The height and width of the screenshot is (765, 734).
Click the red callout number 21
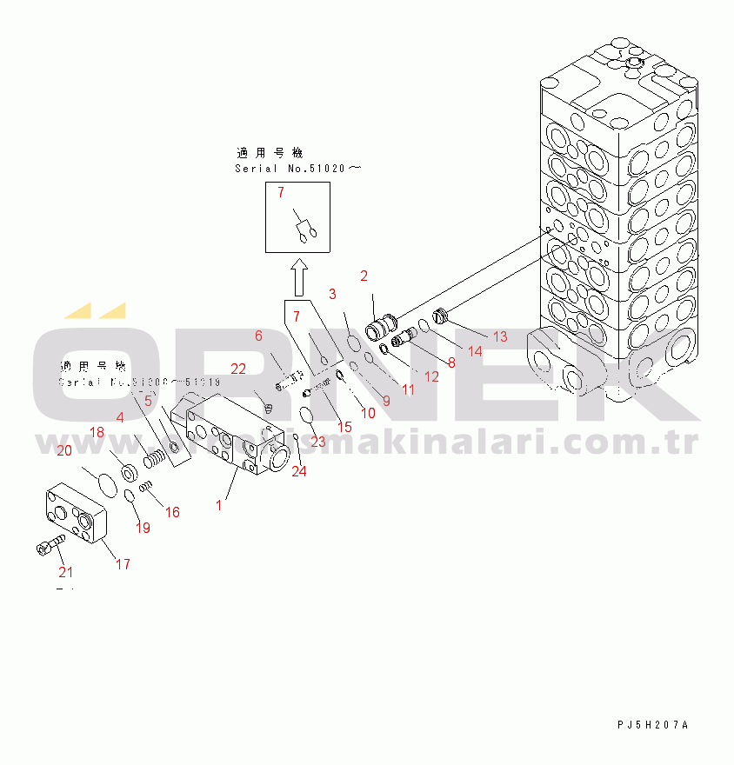pos(66,572)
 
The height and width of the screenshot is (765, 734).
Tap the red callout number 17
pos(123,564)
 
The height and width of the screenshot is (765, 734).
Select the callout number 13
pos(499,336)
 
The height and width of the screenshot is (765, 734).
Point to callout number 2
pos(364,276)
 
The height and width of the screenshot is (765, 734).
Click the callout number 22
pos(237,370)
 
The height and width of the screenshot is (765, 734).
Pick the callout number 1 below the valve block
pos(219,504)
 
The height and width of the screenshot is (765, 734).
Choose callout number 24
pos(299,472)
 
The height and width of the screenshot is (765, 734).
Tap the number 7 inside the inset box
pos(281,192)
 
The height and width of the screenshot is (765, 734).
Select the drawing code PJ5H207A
pos(652,725)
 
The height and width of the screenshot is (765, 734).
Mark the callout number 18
pos(97,432)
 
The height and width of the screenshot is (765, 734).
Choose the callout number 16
pos(172,512)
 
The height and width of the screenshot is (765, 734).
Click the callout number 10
pos(368,413)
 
